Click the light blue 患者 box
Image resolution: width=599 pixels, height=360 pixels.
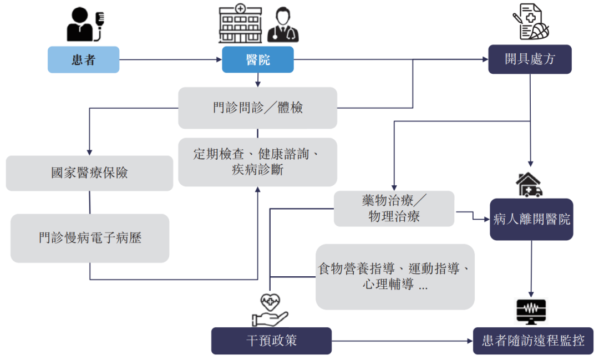point(83,60)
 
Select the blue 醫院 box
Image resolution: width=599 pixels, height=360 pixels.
point(258,60)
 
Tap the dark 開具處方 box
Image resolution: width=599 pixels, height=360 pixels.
point(530,59)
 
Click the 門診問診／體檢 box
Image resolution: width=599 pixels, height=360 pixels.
point(257,108)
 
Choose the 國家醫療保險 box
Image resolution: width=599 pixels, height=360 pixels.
point(89,173)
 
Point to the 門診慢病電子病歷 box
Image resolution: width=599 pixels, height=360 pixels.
point(89,238)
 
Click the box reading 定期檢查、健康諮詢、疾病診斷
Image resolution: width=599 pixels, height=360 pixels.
point(257,162)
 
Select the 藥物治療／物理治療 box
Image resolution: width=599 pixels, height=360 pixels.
point(394,209)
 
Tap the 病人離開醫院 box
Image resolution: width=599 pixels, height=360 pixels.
point(531,219)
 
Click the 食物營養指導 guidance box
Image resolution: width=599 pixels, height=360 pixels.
point(395,277)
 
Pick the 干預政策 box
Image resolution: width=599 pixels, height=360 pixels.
point(271,340)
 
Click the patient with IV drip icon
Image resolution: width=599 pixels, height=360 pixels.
point(85,25)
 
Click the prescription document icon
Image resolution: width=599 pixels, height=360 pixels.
point(531,22)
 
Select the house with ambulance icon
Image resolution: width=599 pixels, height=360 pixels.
point(529,185)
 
